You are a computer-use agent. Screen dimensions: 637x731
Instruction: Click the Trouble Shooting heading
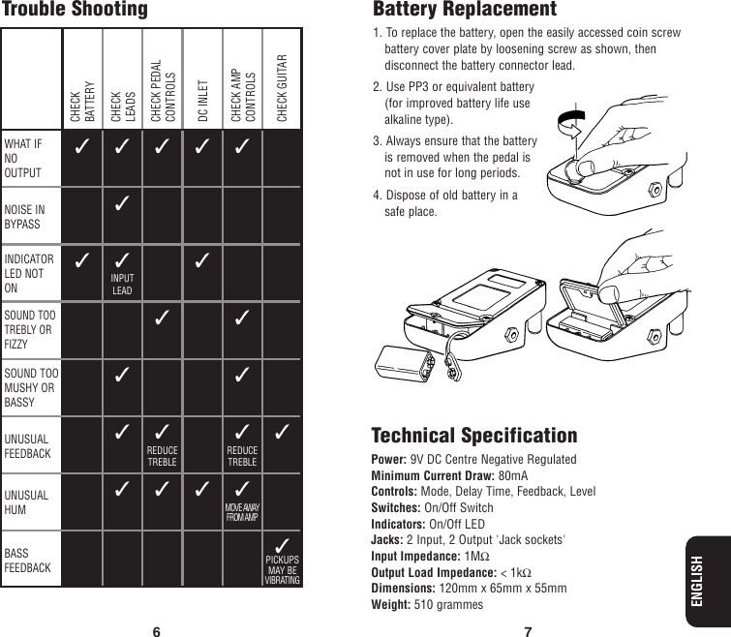pos(75,11)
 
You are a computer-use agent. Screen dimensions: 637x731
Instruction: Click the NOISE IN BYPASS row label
pos(25,216)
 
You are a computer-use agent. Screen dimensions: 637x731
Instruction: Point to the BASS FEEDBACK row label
pos(30,561)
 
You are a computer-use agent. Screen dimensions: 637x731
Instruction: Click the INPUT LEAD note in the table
pos(122,285)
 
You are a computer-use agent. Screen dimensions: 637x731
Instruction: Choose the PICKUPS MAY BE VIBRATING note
pos(282,570)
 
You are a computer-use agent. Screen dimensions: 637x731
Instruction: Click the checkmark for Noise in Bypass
pos(122,205)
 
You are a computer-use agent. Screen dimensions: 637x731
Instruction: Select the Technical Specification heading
pos(474,436)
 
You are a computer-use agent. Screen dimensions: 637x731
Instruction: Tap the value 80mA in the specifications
pos(513,476)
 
